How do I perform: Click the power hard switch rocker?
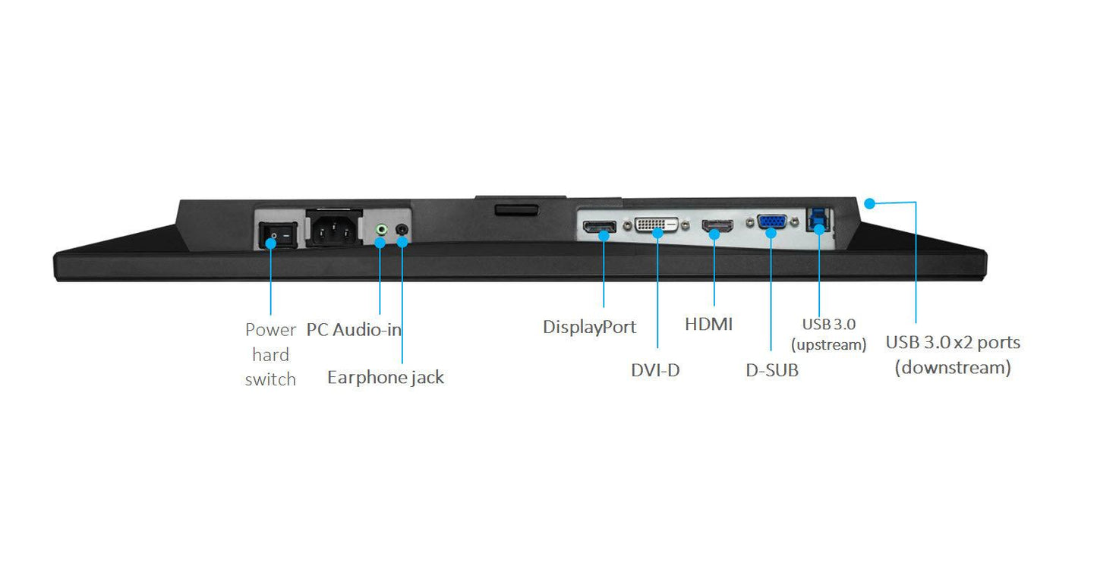click(x=278, y=235)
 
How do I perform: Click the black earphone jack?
click(x=402, y=229)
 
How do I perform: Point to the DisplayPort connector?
click(x=600, y=227)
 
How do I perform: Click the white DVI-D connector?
click(x=657, y=225)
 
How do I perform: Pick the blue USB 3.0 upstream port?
click(x=818, y=220)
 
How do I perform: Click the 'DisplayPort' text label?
click(x=589, y=327)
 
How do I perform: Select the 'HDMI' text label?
click(x=708, y=324)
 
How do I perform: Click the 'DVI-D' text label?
click(x=655, y=370)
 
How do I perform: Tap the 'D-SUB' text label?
click(x=772, y=370)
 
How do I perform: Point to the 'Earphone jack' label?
click(x=386, y=377)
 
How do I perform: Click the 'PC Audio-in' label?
click(x=354, y=330)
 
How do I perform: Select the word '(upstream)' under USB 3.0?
click(x=828, y=344)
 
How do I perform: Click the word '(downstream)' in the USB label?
click(x=953, y=367)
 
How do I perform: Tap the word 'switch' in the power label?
click(x=270, y=379)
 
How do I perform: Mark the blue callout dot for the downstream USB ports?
click(x=869, y=203)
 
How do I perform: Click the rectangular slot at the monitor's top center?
click(x=517, y=210)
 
